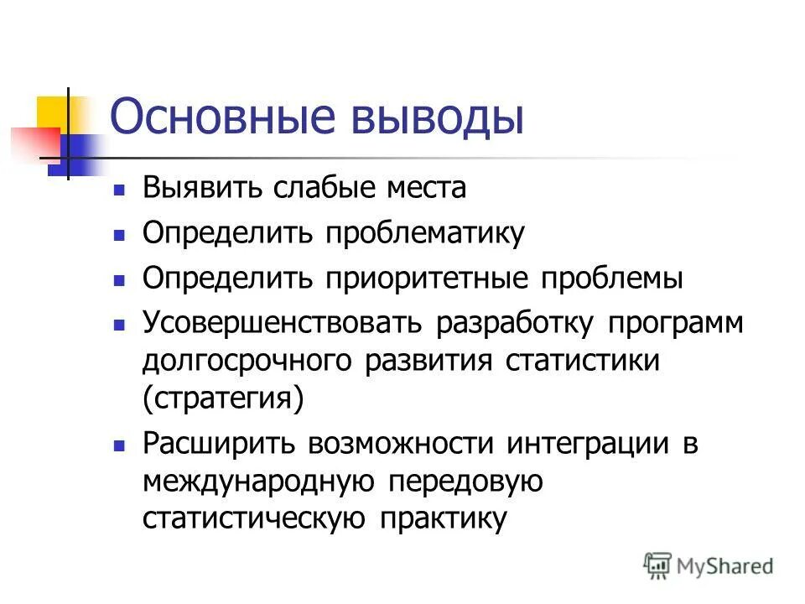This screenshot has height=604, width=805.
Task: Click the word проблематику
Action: tap(425, 233)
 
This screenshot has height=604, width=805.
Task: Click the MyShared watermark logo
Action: tap(709, 566)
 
